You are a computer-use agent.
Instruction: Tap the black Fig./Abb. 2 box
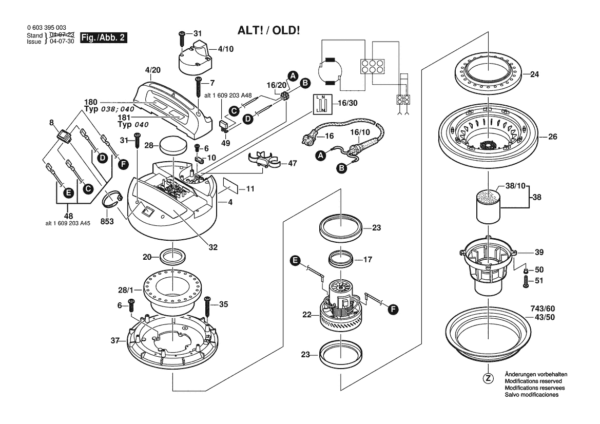[104, 38]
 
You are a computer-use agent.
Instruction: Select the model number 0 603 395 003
[45, 28]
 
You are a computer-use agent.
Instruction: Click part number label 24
[534, 74]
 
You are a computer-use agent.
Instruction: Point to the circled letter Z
[488, 378]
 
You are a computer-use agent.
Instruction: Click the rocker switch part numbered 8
[64, 136]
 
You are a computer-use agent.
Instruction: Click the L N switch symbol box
[322, 104]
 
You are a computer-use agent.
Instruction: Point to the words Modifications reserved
[533, 382]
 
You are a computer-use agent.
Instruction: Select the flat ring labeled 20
[173, 255]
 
